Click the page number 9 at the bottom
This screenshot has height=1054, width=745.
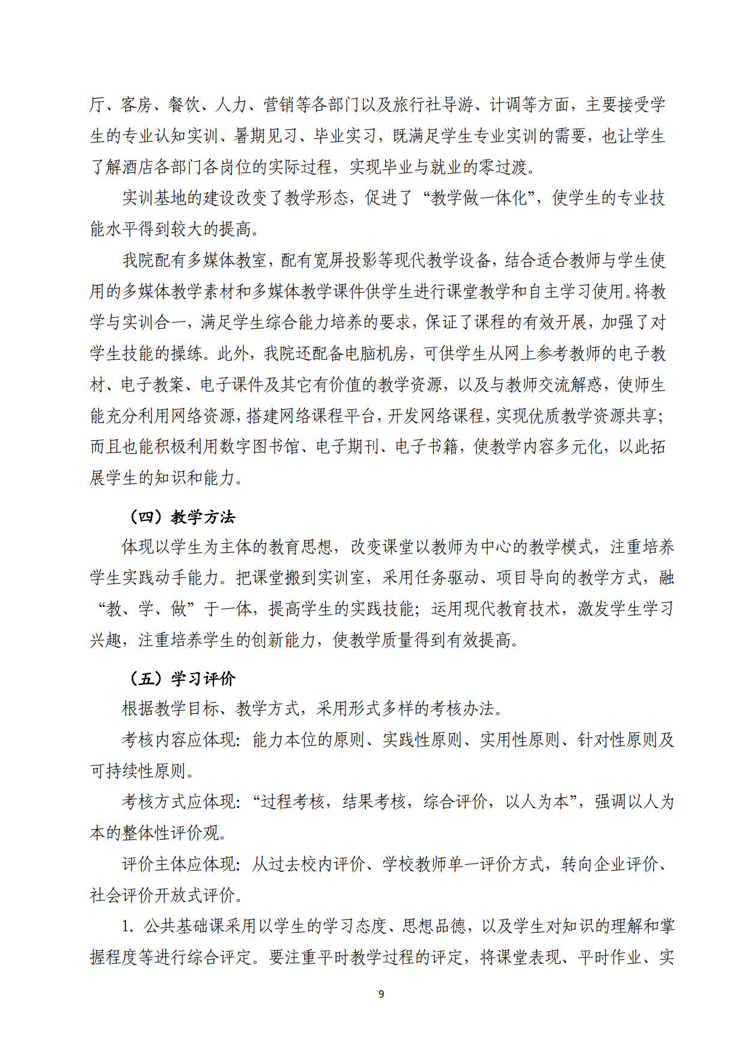pos(381,994)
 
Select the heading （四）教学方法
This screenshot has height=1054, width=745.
pos(181,517)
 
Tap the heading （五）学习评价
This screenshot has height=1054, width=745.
pos(181,678)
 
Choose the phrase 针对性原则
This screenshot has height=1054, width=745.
pos(617,740)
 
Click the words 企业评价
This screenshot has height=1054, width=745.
pos(625,864)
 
